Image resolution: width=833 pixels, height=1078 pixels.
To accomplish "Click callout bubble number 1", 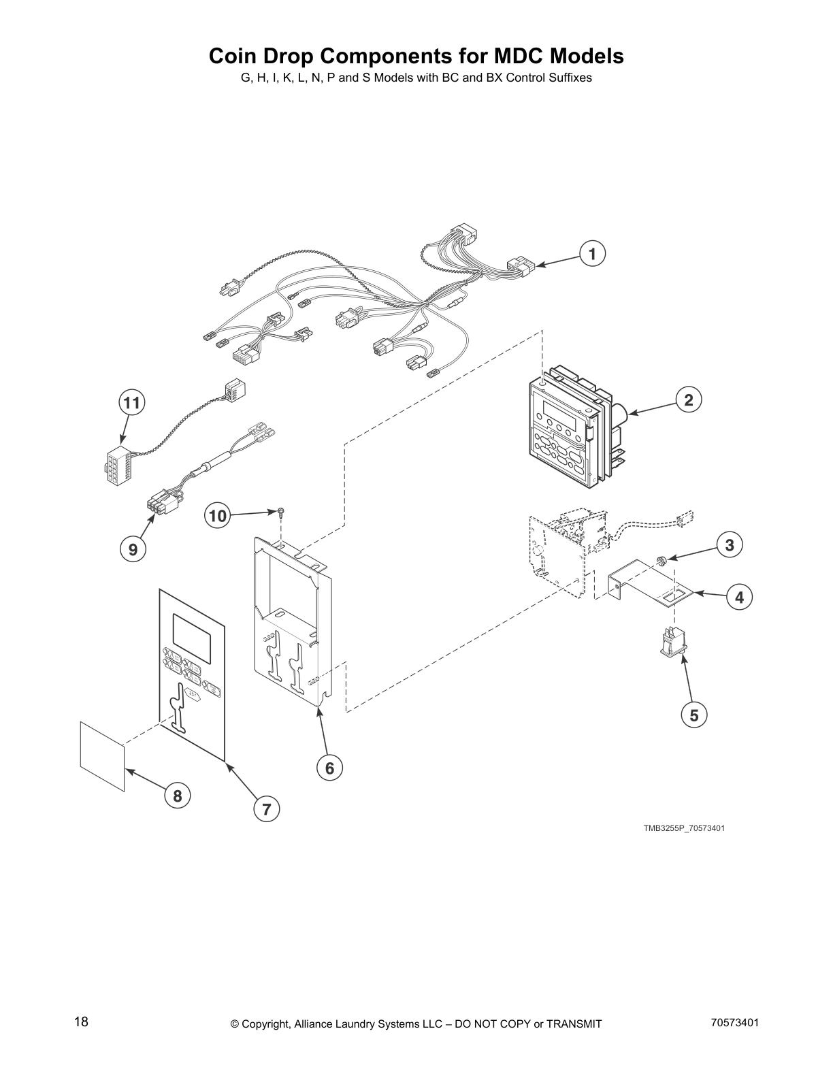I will pos(593,254).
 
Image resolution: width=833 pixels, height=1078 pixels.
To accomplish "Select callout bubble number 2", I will pos(688,400).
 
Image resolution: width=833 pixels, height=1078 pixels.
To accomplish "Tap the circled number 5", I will pos(693,715).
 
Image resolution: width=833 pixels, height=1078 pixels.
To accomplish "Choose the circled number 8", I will pos(177,796).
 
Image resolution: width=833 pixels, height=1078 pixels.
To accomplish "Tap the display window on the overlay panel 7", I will pos(191,632).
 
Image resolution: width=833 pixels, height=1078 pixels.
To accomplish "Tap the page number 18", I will pos(81,1022).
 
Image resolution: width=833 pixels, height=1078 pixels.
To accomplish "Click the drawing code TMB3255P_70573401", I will pos(684,828).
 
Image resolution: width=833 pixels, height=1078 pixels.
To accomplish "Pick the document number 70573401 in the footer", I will pos(734,1022).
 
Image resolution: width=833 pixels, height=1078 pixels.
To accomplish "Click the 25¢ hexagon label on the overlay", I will pos(193,695).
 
